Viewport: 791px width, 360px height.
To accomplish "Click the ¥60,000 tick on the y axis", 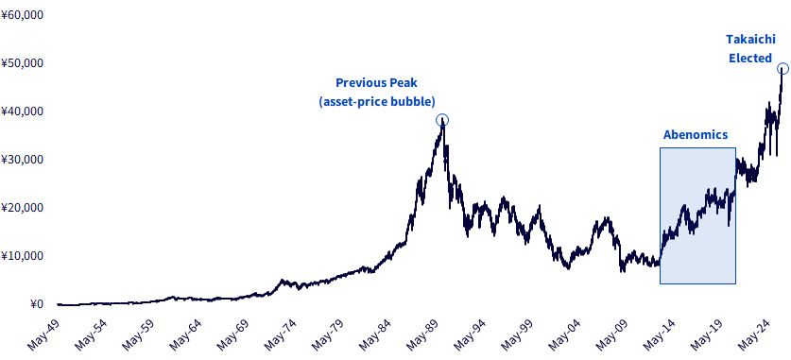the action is point(23,14).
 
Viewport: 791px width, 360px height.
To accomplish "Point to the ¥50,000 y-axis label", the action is point(23,63).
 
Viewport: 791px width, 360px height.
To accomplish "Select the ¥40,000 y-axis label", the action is point(23,111).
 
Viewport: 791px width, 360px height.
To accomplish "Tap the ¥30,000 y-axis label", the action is point(23,160).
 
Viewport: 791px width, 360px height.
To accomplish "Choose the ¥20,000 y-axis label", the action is point(23,208).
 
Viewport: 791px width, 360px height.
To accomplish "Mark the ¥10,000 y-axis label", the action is point(23,256).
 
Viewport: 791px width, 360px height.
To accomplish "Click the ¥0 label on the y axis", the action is point(37,304).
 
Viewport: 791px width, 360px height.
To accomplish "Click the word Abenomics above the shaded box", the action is point(696,134).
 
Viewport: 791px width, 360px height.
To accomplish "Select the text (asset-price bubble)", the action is point(377,101).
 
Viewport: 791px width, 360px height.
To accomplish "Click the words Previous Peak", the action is point(377,83).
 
